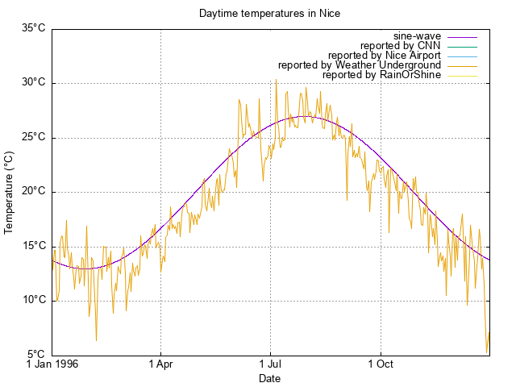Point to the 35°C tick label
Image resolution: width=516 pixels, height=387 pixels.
point(33,28)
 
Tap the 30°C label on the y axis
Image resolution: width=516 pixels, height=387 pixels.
point(33,82)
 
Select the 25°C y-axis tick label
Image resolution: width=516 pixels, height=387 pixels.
point(33,137)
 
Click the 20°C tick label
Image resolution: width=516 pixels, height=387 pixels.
point(33,192)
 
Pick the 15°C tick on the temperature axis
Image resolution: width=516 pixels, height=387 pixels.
point(33,246)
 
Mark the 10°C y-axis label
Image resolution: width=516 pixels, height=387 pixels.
point(33,301)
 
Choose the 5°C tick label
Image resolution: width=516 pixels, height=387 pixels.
point(36,355)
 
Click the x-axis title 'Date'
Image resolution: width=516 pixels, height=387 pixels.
point(269,378)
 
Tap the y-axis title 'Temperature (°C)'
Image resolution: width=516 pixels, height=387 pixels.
point(10,192)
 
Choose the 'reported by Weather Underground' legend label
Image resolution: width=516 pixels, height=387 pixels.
point(360,65)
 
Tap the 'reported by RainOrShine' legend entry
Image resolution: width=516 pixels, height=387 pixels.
point(381,75)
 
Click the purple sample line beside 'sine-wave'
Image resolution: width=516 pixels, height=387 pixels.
point(461,36)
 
